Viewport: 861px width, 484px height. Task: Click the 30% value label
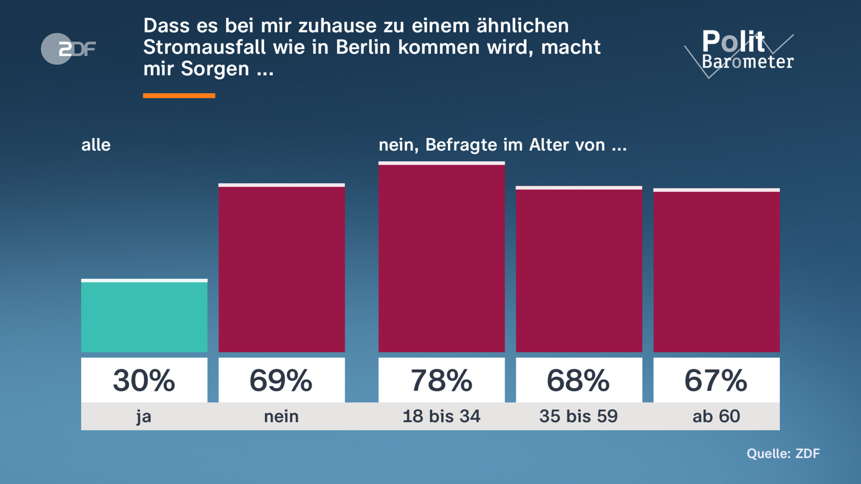[x=144, y=380]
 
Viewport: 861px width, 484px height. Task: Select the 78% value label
[x=442, y=380]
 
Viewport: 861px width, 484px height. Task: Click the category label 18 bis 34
[x=442, y=416]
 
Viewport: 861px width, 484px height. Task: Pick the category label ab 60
[x=716, y=416]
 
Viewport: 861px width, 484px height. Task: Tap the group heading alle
[x=96, y=145]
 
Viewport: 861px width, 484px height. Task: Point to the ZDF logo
[x=68, y=49]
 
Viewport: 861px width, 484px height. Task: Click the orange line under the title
[x=179, y=96]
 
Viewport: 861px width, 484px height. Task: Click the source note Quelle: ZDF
[x=783, y=454]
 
